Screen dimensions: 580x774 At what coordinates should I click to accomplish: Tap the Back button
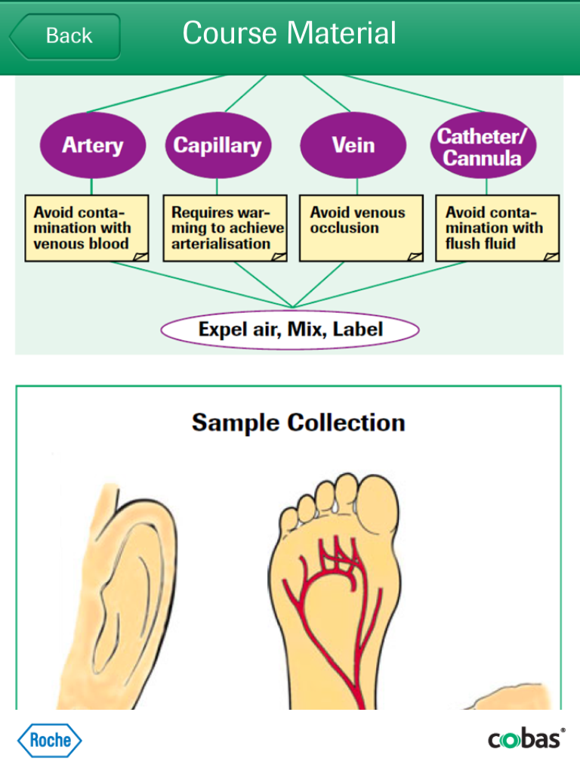(65, 36)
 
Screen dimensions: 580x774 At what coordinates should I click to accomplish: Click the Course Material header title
(289, 33)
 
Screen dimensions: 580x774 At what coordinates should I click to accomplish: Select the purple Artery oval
(93, 145)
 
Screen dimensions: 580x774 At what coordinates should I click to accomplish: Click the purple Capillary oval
(218, 145)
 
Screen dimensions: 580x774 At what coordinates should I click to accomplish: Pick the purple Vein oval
(353, 145)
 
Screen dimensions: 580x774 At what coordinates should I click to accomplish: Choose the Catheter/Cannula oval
(483, 145)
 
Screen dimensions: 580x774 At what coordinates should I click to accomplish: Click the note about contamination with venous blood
(87, 228)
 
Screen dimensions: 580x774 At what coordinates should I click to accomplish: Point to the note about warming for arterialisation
(225, 228)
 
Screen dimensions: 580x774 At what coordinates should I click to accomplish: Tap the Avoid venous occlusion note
(361, 228)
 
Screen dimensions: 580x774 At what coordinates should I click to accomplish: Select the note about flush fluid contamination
(497, 228)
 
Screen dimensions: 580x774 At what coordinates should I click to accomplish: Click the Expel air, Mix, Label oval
(290, 330)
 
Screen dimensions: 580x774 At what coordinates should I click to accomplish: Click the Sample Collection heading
(298, 423)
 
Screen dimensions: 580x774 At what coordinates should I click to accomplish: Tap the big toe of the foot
(378, 504)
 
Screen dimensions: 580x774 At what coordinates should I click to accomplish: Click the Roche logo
(49, 741)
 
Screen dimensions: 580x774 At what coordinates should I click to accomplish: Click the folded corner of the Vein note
(415, 256)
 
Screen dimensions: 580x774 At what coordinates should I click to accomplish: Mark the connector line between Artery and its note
(91, 187)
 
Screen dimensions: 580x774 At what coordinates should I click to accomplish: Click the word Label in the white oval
(357, 330)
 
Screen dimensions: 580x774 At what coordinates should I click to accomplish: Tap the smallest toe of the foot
(289, 521)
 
